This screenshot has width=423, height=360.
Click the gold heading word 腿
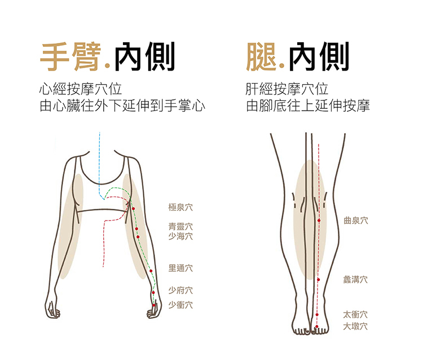[x=262, y=57]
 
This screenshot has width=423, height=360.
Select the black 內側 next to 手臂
[x=144, y=57]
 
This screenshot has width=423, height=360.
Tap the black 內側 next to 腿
[x=319, y=57]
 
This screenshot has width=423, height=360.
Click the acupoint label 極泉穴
[x=180, y=208]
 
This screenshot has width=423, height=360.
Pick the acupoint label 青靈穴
[x=180, y=226]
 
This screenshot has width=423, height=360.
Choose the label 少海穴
[x=180, y=236]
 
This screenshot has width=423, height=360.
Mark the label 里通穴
[x=180, y=268]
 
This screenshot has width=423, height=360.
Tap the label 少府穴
[x=180, y=291]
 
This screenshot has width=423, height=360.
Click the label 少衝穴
[x=180, y=305]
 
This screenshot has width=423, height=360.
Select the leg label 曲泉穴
[x=355, y=221]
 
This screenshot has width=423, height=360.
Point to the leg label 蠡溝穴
[x=355, y=279]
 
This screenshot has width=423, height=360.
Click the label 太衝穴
[x=355, y=314]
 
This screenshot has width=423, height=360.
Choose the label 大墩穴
[x=355, y=326]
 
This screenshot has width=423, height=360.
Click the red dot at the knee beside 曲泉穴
[x=319, y=221]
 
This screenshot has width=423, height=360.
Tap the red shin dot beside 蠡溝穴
[x=319, y=279]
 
